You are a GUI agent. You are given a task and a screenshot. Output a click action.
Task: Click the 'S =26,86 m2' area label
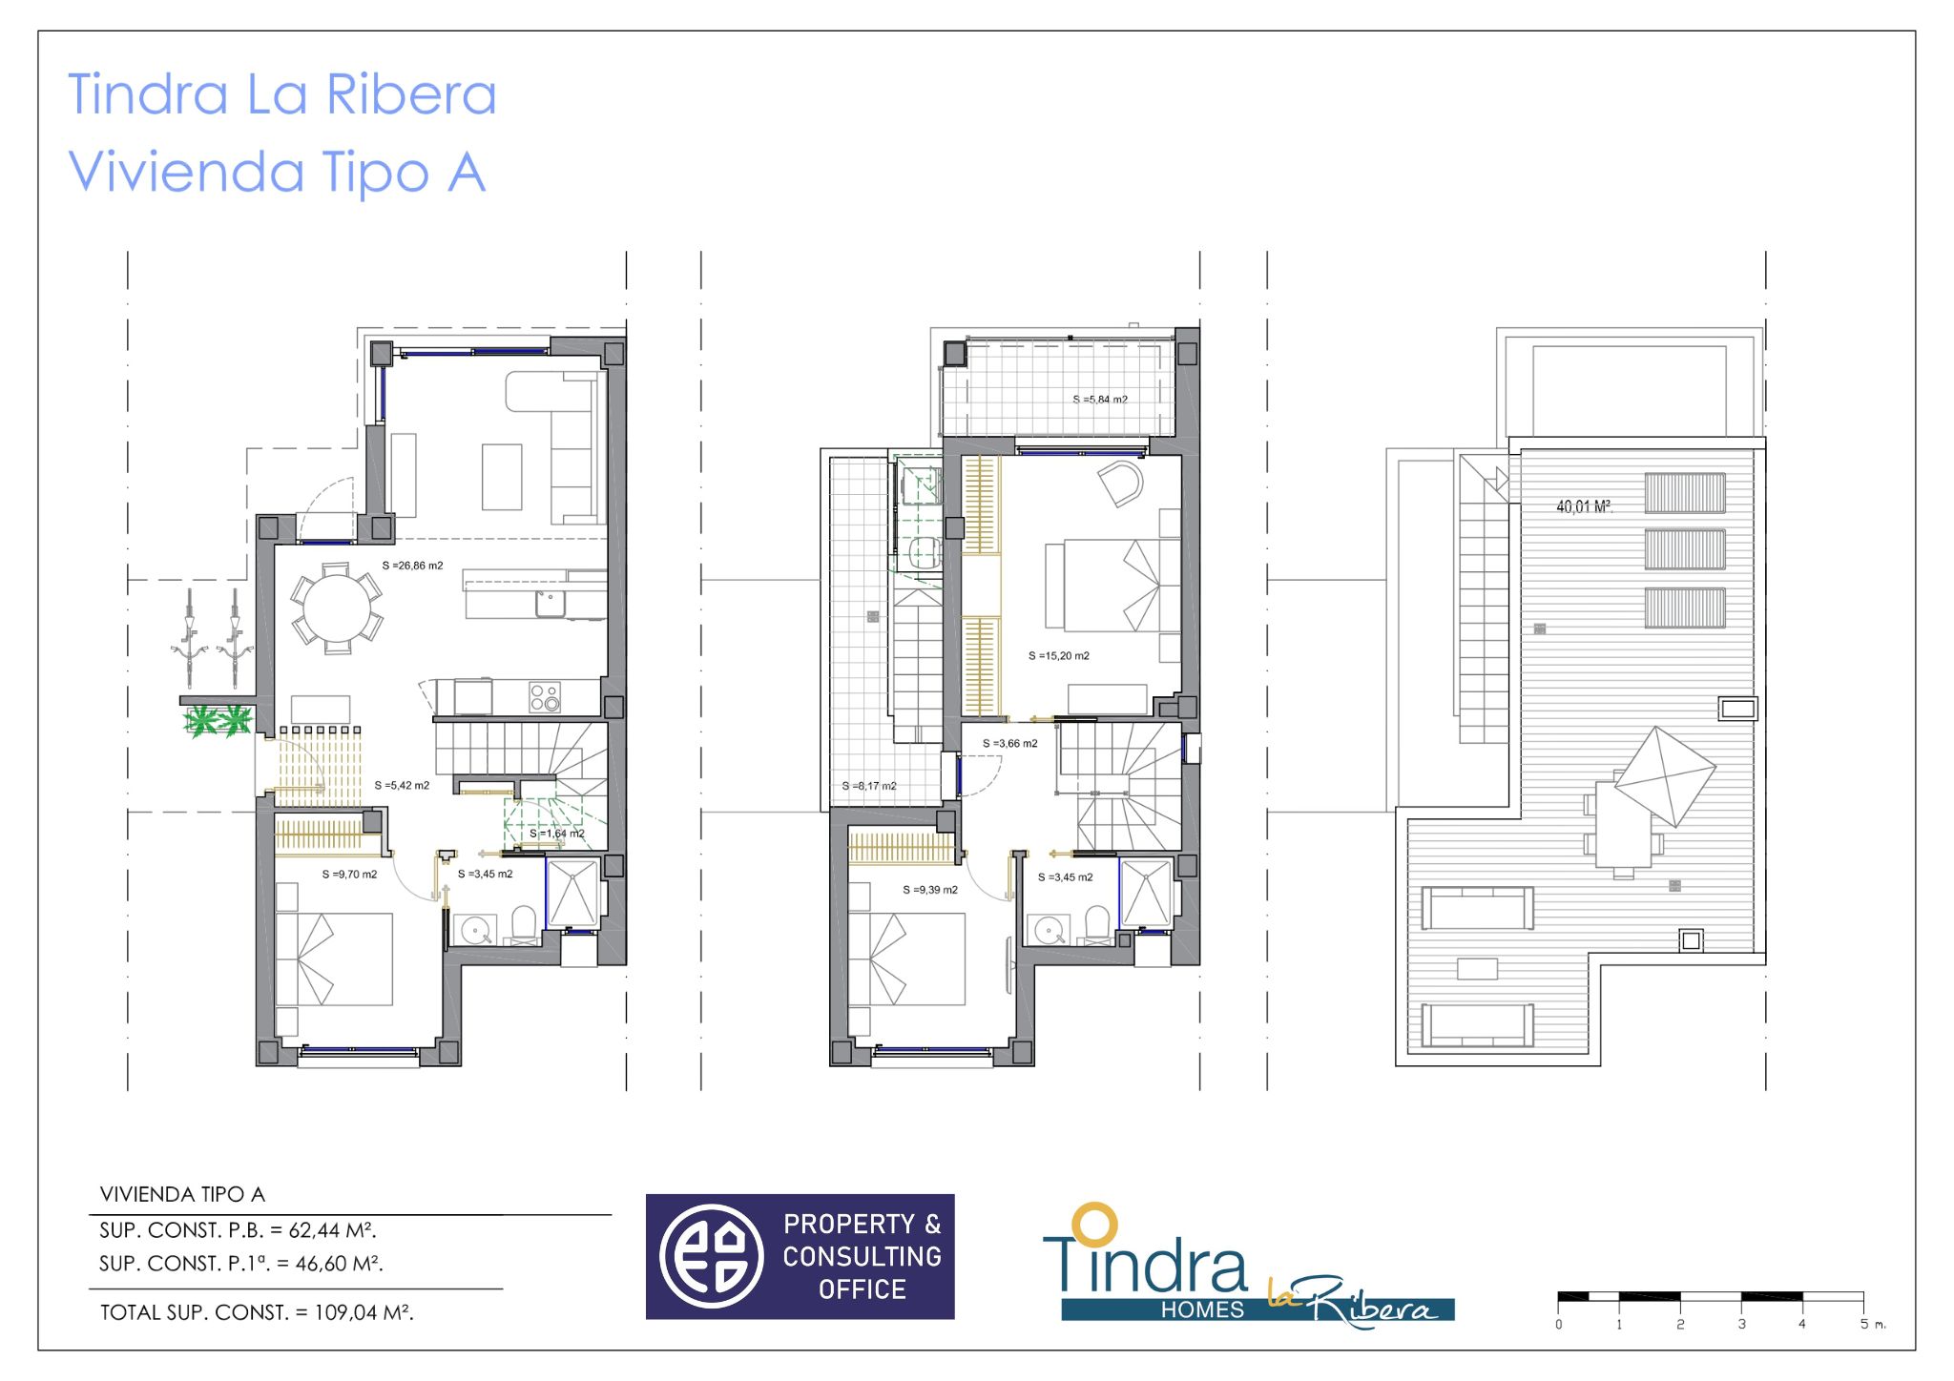(x=412, y=566)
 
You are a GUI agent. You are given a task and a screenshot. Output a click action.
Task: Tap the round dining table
(x=337, y=609)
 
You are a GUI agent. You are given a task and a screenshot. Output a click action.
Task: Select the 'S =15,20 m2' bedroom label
(x=1058, y=656)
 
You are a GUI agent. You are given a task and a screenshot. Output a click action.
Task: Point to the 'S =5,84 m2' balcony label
(x=1100, y=400)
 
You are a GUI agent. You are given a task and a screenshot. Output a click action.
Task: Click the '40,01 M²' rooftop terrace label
(x=1584, y=506)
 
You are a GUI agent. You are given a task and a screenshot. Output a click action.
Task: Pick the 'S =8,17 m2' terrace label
(x=868, y=786)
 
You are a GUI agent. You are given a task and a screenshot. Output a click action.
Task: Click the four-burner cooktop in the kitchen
(x=545, y=697)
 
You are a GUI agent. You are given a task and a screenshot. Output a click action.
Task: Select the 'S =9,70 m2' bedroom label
(x=349, y=874)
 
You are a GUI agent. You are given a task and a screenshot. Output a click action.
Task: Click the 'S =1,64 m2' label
(x=556, y=834)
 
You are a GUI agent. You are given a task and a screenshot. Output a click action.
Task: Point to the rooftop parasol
(x=1664, y=776)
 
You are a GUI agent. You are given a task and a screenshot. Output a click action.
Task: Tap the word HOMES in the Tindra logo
(x=1202, y=1310)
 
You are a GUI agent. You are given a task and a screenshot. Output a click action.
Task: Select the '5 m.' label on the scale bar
(x=1872, y=1324)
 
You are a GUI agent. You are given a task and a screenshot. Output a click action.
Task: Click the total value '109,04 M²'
(x=364, y=1312)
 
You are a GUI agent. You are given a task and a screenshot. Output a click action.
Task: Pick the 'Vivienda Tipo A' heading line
(x=277, y=173)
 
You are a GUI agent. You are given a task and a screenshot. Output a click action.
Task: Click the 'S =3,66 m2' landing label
(x=1009, y=743)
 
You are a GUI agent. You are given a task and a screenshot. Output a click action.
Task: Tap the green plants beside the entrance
(x=218, y=721)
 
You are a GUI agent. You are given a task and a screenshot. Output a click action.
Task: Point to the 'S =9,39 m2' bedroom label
(x=930, y=890)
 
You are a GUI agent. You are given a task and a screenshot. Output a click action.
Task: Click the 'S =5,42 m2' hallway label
(x=402, y=786)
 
